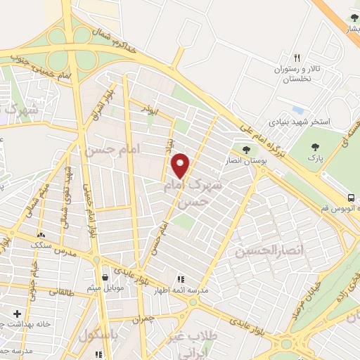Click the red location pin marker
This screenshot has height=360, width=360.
tap(181, 165)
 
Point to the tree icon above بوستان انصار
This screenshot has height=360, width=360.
tap(246, 148)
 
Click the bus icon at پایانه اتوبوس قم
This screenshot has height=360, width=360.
tap(351, 197)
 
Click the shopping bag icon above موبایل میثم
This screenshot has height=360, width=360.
tap(105, 277)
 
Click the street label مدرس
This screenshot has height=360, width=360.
tap(64, 252)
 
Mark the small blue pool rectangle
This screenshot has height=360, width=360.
tap(297, 110)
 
